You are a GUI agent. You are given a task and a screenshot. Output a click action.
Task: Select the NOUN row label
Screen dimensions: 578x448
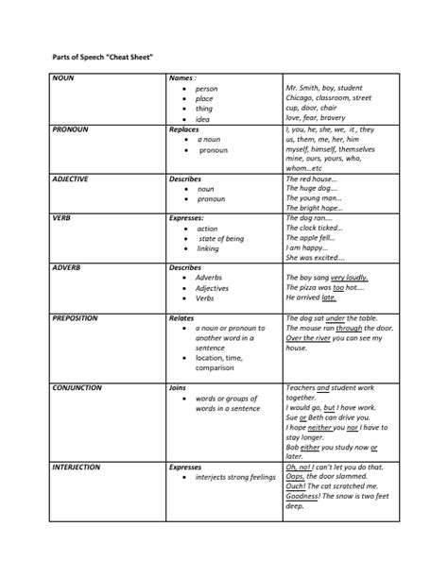click(64, 78)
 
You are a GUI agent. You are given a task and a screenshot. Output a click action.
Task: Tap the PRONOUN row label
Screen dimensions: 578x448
click(71, 128)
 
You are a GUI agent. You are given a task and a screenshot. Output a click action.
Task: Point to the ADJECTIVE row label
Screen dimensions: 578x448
click(73, 178)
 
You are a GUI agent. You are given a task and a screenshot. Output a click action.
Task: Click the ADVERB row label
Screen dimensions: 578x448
click(67, 268)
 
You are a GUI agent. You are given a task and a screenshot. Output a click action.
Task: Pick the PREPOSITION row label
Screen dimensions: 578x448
click(76, 318)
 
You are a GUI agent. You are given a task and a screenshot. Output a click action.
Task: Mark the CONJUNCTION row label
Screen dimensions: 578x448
click(78, 387)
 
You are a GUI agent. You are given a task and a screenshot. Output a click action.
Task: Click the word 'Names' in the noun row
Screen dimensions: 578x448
click(181, 78)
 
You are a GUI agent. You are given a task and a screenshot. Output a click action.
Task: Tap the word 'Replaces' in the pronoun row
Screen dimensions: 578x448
click(183, 128)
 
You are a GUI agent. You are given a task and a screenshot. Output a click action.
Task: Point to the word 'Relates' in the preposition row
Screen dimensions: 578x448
click(181, 318)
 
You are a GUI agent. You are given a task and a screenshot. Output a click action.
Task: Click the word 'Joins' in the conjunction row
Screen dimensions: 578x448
click(177, 387)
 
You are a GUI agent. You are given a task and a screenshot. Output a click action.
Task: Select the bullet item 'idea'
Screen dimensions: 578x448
click(203, 118)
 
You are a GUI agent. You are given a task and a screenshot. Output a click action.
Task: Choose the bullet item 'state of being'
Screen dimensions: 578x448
click(221, 238)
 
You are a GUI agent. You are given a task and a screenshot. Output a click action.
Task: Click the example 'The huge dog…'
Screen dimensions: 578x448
click(311, 189)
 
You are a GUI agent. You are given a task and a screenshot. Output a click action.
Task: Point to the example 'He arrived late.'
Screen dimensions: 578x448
click(311, 297)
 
